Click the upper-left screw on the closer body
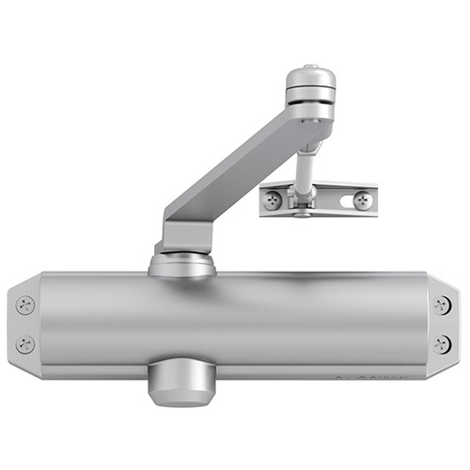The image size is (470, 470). click(x=26, y=305)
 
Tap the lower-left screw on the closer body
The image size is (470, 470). click(x=26, y=344)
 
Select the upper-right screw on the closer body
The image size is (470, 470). click(x=442, y=305)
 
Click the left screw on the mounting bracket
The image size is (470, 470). click(x=273, y=199)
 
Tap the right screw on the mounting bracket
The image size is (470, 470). click(x=360, y=200)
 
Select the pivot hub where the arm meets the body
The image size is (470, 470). click(x=181, y=261)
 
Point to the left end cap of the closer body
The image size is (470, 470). click(x=23, y=324)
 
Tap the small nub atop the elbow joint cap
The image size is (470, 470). click(x=309, y=66)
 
